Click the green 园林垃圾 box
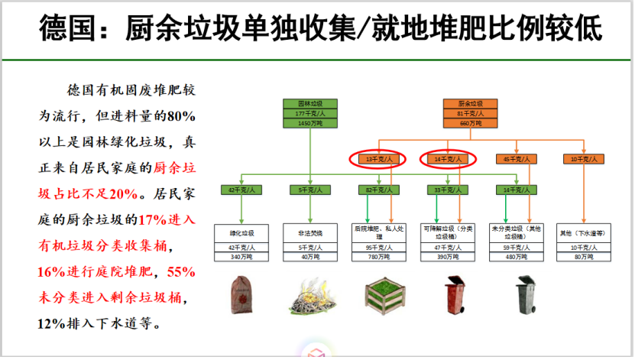coord(309,104)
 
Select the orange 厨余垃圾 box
coord(471,104)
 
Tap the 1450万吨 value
coord(309,123)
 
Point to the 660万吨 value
coord(471,123)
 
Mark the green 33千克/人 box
coord(449,190)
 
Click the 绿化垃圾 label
coord(242,232)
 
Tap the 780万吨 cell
coord(379,257)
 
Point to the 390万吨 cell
coord(449,257)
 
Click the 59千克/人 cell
coord(516,248)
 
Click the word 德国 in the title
coord(64,28)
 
